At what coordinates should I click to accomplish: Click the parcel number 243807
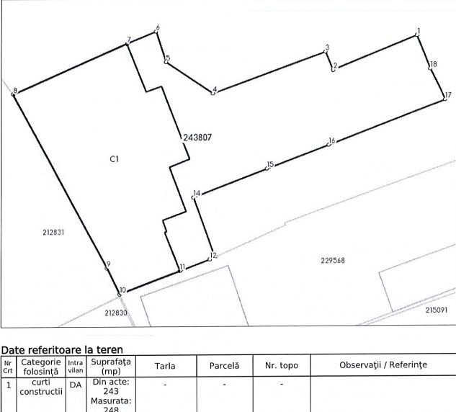tap(197, 138)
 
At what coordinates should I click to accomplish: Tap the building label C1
tap(115, 158)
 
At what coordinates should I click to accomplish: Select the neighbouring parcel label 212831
tap(53, 233)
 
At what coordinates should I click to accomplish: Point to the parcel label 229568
tap(333, 260)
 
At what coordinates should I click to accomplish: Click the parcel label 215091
tap(437, 310)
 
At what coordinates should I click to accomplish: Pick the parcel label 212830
tap(116, 313)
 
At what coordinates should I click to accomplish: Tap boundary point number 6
tap(158, 28)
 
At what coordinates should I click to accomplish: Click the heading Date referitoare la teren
tap(62, 349)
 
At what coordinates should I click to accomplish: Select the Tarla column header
tap(165, 365)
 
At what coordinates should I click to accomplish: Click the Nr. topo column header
tap(282, 365)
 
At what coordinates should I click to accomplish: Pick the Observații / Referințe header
tap(383, 365)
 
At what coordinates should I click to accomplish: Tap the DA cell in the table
tap(76, 385)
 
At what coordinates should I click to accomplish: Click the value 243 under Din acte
tap(111, 391)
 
